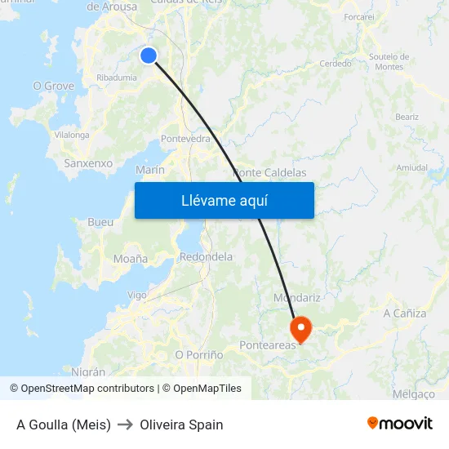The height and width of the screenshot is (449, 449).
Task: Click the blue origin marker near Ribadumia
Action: (x=148, y=55)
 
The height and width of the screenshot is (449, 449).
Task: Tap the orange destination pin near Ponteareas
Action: (x=301, y=328)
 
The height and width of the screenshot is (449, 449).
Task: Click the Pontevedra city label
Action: (x=186, y=139)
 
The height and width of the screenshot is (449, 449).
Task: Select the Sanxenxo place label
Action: (x=88, y=163)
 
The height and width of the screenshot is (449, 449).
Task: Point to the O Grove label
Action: (x=53, y=86)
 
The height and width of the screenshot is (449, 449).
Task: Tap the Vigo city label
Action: (x=136, y=295)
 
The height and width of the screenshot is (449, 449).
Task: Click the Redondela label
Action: (x=206, y=256)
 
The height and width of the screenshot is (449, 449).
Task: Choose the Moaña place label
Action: (x=131, y=259)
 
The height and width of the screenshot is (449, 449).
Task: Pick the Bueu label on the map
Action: (x=100, y=222)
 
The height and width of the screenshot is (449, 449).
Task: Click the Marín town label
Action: (x=150, y=170)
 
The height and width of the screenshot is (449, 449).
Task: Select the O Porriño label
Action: (x=199, y=355)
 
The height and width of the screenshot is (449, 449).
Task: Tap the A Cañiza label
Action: (x=404, y=313)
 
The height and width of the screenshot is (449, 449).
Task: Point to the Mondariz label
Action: (x=296, y=298)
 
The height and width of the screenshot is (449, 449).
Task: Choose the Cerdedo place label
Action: (x=336, y=64)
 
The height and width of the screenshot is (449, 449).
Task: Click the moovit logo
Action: (x=399, y=423)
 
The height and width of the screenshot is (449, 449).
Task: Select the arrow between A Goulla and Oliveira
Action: (x=125, y=425)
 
